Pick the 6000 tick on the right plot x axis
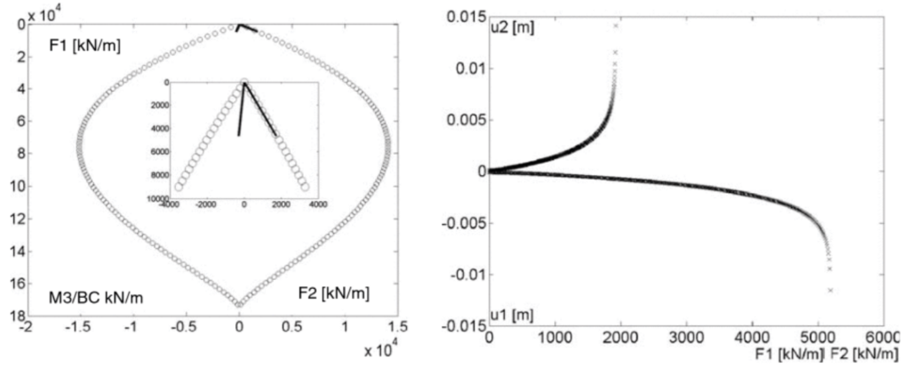tap(882, 339)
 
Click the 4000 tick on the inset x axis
tap(317, 204)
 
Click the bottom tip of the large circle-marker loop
tap(240, 305)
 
